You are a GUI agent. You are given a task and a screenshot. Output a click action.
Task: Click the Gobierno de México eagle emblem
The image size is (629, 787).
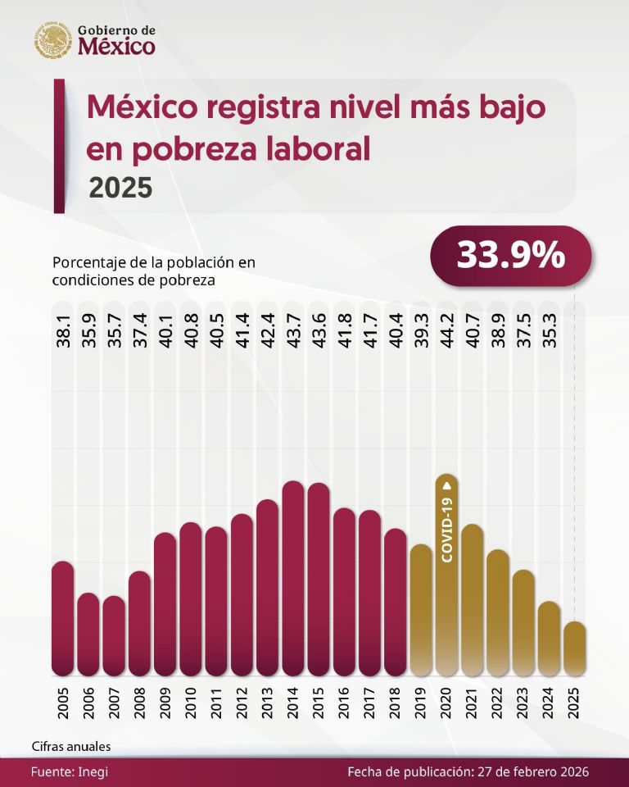(53, 40)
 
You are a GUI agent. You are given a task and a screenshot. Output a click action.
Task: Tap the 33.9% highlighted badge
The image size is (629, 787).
(510, 256)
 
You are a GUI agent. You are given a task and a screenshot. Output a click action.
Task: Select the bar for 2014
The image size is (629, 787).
(293, 578)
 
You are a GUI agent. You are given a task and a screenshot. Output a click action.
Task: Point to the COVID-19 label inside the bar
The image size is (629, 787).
(447, 529)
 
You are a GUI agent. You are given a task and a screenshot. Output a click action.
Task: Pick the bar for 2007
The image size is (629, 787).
(115, 635)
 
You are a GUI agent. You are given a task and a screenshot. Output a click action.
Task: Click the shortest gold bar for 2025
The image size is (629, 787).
(575, 648)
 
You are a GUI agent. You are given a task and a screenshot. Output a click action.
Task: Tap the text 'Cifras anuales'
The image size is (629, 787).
(71, 747)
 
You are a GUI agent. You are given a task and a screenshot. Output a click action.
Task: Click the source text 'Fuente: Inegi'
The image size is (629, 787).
(70, 772)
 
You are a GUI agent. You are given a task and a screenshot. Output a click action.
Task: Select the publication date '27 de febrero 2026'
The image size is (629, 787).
(532, 772)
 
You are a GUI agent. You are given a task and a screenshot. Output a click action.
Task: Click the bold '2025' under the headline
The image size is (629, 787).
(120, 188)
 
